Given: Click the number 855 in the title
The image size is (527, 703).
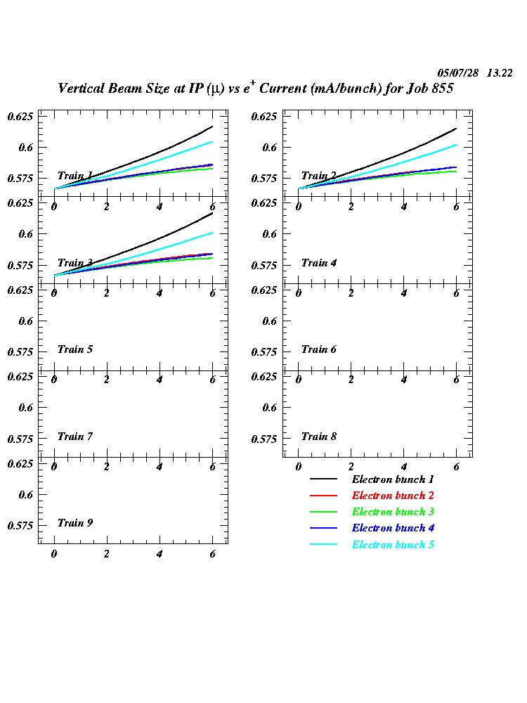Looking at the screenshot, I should click(x=441, y=89).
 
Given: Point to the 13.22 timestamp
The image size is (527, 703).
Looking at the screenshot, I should click(x=500, y=73).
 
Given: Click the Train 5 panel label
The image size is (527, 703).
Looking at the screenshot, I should click(x=75, y=349).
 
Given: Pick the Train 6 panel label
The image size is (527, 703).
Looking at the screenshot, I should click(x=319, y=349).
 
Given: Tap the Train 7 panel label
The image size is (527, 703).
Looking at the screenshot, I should click(x=75, y=437).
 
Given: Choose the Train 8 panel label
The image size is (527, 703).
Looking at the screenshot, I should click(x=319, y=437).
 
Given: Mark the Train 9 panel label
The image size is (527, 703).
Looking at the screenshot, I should click(x=75, y=523).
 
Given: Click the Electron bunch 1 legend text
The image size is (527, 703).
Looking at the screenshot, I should click(x=393, y=479).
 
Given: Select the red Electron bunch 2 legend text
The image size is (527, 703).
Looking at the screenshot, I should click(x=393, y=496).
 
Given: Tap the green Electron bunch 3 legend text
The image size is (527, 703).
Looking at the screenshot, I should click(x=393, y=512).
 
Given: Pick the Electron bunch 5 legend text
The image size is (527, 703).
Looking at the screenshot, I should click(x=393, y=545).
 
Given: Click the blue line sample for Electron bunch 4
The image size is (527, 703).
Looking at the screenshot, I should click(x=323, y=528).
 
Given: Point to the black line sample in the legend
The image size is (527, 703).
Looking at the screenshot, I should click(x=323, y=479).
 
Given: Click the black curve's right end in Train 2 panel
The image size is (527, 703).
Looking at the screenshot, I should click(x=456, y=129).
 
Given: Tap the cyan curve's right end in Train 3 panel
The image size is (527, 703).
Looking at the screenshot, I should click(x=212, y=233).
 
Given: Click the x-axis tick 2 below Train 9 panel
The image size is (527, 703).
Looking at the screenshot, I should click(x=107, y=555).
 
